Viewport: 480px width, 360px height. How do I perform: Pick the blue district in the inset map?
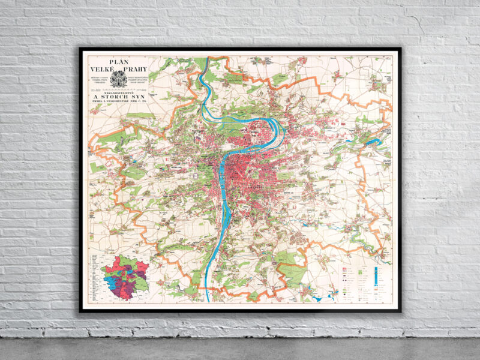click(114, 282)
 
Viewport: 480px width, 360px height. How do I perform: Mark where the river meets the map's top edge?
click(206, 58)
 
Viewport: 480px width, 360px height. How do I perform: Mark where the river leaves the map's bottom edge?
click(208, 299)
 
